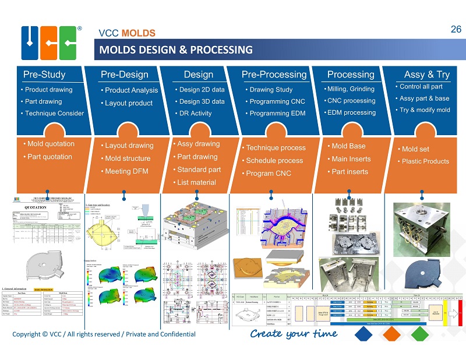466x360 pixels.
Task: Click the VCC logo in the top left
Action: click(x=50, y=43)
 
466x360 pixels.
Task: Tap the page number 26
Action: click(x=456, y=29)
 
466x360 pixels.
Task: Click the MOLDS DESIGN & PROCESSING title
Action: click(x=176, y=50)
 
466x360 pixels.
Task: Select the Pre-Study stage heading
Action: click(x=44, y=75)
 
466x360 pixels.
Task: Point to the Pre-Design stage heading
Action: click(x=124, y=75)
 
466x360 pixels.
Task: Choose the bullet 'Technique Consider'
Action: click(x=54, y=113)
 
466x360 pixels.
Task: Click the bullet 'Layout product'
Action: click(x=129, y=103)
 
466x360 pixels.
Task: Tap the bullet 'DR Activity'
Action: click(x=195, y=113)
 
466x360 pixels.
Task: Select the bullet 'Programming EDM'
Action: click(x=277, y=113)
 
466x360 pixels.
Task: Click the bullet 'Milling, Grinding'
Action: click(x=351, y=89)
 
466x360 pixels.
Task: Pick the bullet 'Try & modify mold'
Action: click(x=425, y=110)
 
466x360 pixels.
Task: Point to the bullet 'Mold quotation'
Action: click(x=51, y=144)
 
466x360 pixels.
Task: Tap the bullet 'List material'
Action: click(x=196, y=182)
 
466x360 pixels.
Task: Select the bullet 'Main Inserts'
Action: click(x=351, y=159)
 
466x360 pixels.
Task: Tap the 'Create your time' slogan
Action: click(x=294, y=334)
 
